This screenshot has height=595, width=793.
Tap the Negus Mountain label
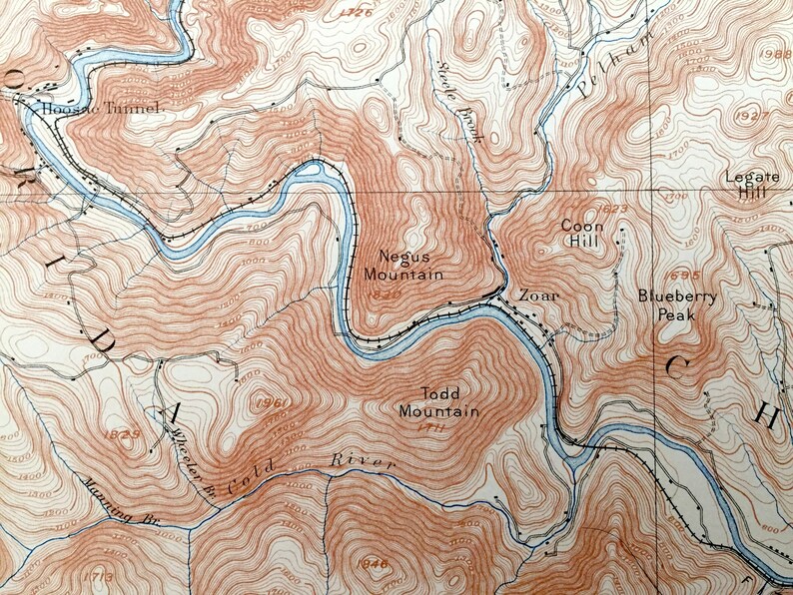click(x=402, y=265)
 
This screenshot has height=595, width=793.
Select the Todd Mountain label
click(x=438, y=402)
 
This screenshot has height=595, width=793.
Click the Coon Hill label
click(x=579, y=234)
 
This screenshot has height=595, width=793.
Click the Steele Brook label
click(x=459, y=101)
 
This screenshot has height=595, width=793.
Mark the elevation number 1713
click(x=99, y=576)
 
